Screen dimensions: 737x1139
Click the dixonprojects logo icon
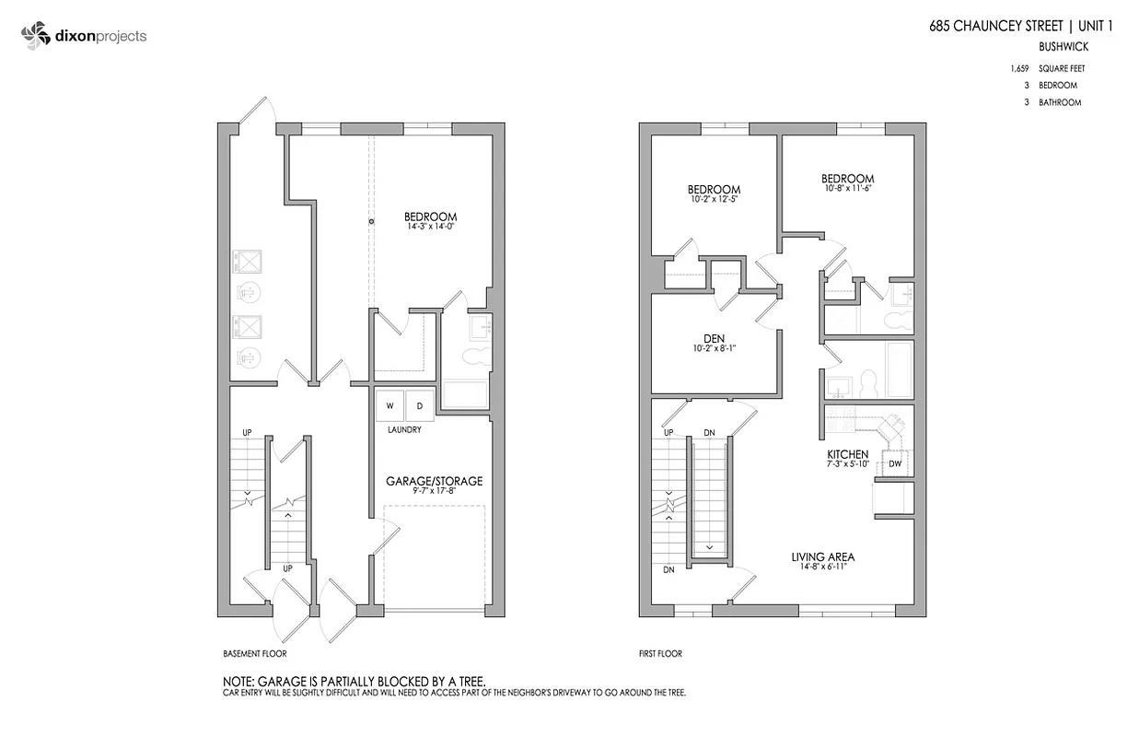point(35,37)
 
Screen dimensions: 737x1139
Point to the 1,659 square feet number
point(1018,69)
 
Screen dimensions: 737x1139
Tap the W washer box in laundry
point(389,405)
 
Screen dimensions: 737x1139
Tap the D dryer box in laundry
point(419,405)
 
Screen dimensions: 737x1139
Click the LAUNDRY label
point(404,430)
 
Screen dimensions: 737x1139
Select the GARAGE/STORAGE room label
point(433,481)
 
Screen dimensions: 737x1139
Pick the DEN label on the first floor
point(714,339)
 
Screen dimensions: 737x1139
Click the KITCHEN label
point(847,454)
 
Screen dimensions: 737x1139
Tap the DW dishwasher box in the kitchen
point(895,463)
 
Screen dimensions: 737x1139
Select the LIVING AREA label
point(823,556)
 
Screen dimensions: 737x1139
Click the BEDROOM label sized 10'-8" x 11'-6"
point(847,179)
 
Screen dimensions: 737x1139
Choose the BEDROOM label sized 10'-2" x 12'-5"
point(714,190)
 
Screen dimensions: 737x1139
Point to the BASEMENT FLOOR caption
point(255,654)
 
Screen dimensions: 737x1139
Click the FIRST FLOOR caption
point(660,654)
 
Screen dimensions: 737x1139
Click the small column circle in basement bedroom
point(372,222)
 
